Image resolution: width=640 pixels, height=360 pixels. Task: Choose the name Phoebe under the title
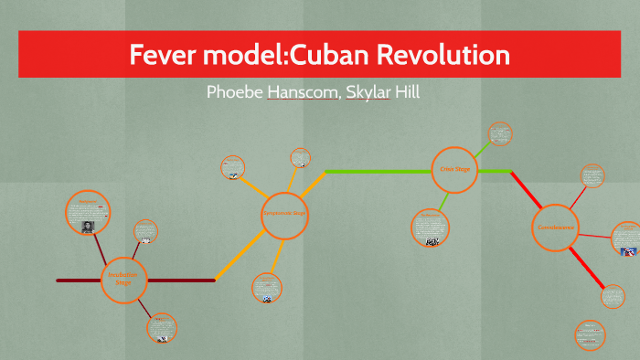pyautogui.click(x=235, y=92)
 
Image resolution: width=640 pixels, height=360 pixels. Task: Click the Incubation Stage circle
pyautogui.click(x=123, y=280)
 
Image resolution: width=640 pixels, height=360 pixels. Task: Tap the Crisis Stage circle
pyautogui.click(x=454, y=169)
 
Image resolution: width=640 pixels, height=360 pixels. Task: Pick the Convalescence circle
pyautogui.click(x=556, y=227)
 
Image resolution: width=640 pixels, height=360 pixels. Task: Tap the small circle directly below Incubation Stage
pyautogui.click(x=161, y=328)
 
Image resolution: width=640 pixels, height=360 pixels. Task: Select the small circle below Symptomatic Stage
pyautogui.click(x=266, y=288)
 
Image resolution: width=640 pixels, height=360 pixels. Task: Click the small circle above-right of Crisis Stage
pyautogui.click(x=499, y=133)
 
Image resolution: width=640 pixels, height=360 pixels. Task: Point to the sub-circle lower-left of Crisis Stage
pyautogui.click(x=429, y=228)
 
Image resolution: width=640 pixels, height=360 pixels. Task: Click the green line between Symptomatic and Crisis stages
pyautogui.click(x=375, y=171)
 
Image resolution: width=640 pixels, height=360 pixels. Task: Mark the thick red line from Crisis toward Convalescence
pyautogui.click(x=525, y=188)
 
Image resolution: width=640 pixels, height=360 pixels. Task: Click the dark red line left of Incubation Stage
pyautogui.click(x=78, y=281)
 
